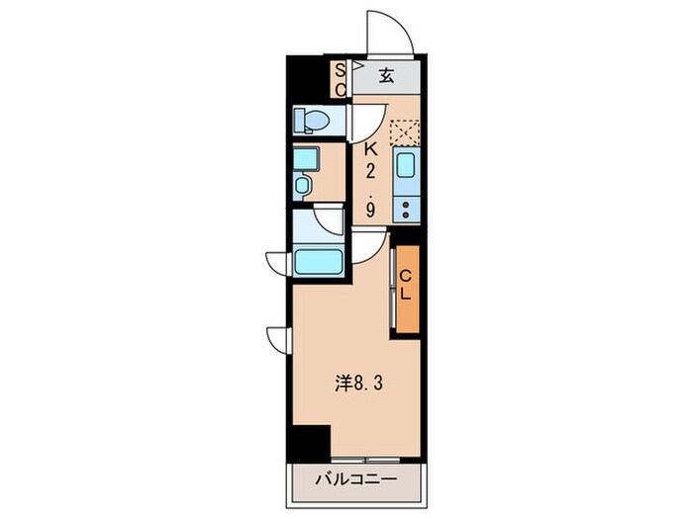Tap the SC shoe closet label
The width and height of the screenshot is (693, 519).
[x=339, y=79]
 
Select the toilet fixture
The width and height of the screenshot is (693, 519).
[x=312, y=121]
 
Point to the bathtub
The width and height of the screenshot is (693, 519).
[x=319, y=263]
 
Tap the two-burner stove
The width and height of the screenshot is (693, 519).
[x=407, y=210]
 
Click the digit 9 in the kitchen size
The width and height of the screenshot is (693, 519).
[x=370, y=210]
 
